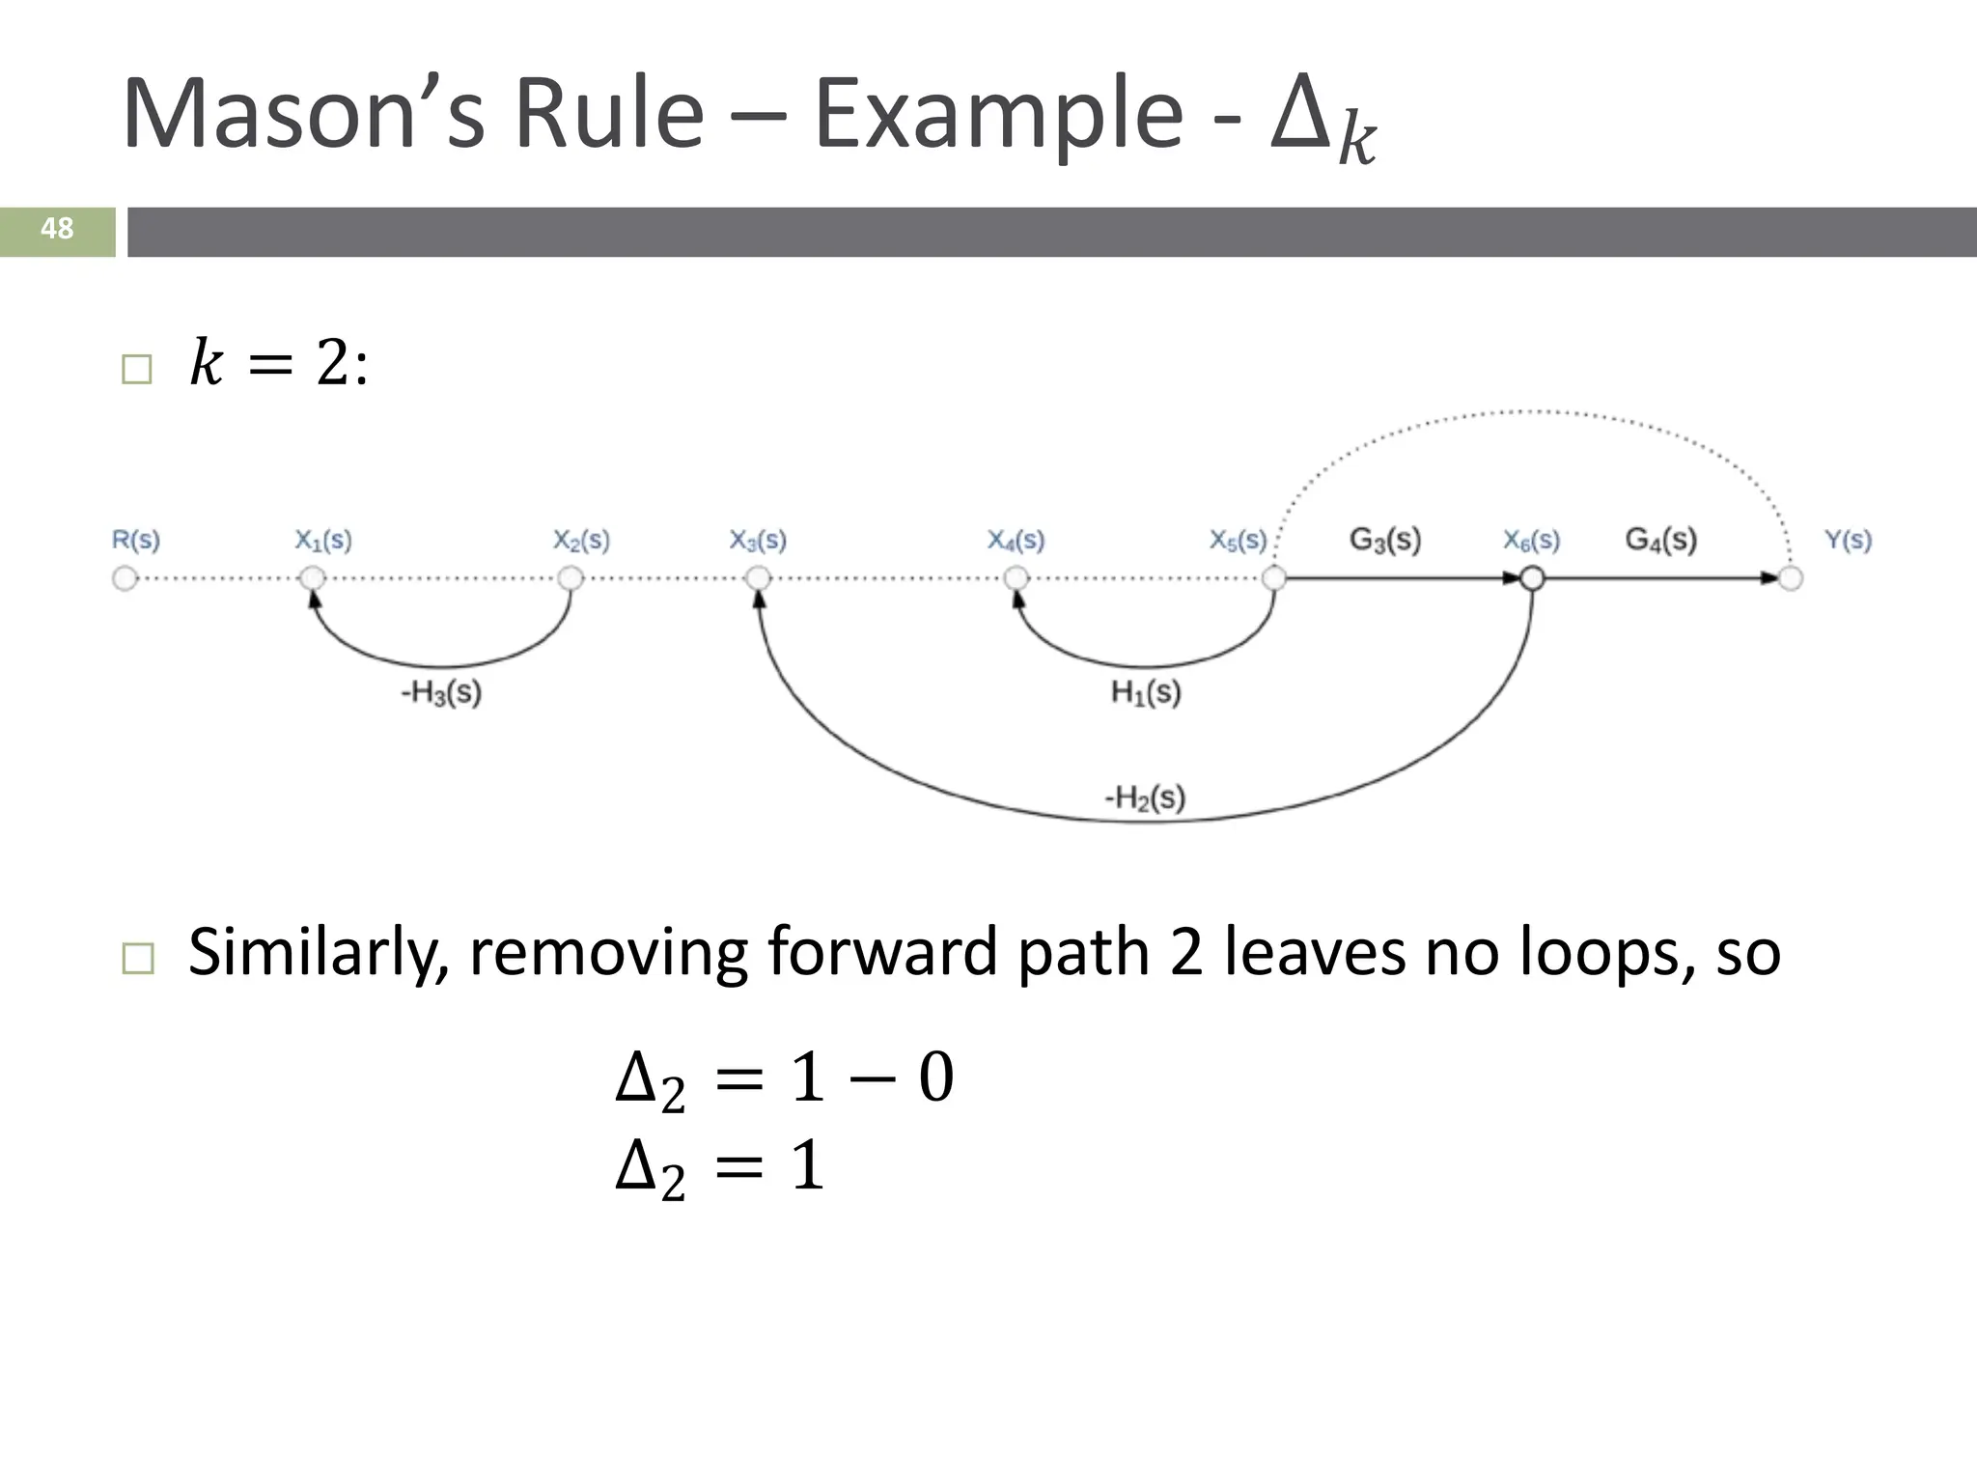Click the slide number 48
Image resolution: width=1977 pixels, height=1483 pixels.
(x=57, y=229)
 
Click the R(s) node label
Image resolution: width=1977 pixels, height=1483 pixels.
(x=136, y=540)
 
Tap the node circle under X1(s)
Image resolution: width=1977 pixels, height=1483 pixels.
(x=312, y=578)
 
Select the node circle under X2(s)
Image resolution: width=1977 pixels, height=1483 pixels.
(x=571, y=578)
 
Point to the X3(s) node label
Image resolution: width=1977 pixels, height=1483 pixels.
(x=758, y=540)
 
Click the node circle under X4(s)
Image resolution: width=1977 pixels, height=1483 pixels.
(x=1016, y=578)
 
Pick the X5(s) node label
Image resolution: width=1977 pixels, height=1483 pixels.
(x=1239, y=540)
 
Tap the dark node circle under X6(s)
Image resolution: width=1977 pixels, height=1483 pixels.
(x=1532, y=578)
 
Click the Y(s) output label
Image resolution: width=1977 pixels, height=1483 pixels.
(x=1848, y=540)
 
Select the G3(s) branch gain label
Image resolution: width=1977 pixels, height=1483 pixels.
(x=1385, y=539)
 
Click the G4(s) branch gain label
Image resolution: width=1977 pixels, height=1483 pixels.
(x=1660, y=539)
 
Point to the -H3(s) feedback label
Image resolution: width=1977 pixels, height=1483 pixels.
(x=441, y=692)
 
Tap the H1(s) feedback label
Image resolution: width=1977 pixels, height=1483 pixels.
(x=1146, y=692)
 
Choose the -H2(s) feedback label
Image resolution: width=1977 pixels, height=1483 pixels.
(x=1145, y=797)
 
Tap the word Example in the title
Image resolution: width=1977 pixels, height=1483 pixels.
(x=998, y=115)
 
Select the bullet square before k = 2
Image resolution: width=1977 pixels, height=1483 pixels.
(x=137, y=369)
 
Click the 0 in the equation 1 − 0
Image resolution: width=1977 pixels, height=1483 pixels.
(x=935, y=1077)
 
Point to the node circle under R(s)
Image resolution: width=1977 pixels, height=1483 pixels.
(x=125, y=578)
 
